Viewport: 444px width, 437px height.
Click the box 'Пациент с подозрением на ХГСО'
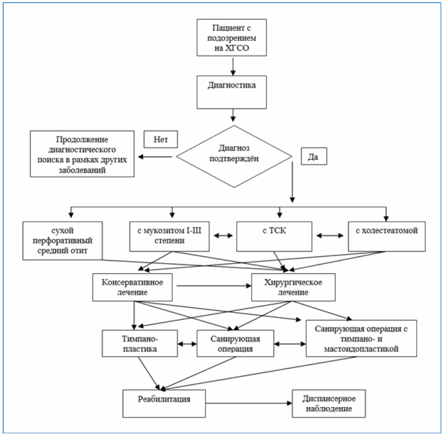point(232,37)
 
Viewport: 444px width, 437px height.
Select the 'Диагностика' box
point(232,92)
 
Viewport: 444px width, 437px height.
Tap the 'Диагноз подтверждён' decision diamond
point(234,157)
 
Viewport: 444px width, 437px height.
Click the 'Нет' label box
point(160,139)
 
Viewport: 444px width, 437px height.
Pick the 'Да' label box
point(314,156)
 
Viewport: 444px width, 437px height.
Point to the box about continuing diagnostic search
point(82,154)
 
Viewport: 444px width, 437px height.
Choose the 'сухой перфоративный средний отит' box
point(62,241)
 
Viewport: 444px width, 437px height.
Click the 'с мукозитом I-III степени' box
point(169,237)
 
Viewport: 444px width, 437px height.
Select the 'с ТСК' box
point(274,237)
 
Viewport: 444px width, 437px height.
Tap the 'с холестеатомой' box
point(387,237)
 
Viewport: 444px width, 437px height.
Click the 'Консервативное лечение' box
point(132,287)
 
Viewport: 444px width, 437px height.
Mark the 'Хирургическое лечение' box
point(293,287)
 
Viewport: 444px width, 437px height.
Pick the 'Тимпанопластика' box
point(140,343)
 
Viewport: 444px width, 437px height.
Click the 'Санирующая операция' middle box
point(235,343)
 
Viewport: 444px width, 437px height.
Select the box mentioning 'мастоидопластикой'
point(361,338)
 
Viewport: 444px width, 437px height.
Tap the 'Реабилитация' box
point(164,404)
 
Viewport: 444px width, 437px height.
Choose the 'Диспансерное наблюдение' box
point(329,404)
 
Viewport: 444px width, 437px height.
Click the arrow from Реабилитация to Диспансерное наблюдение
point(249,403)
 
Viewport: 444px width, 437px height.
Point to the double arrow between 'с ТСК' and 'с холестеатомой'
point(330,236)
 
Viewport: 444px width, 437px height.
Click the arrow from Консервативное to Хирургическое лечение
point(214,286)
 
